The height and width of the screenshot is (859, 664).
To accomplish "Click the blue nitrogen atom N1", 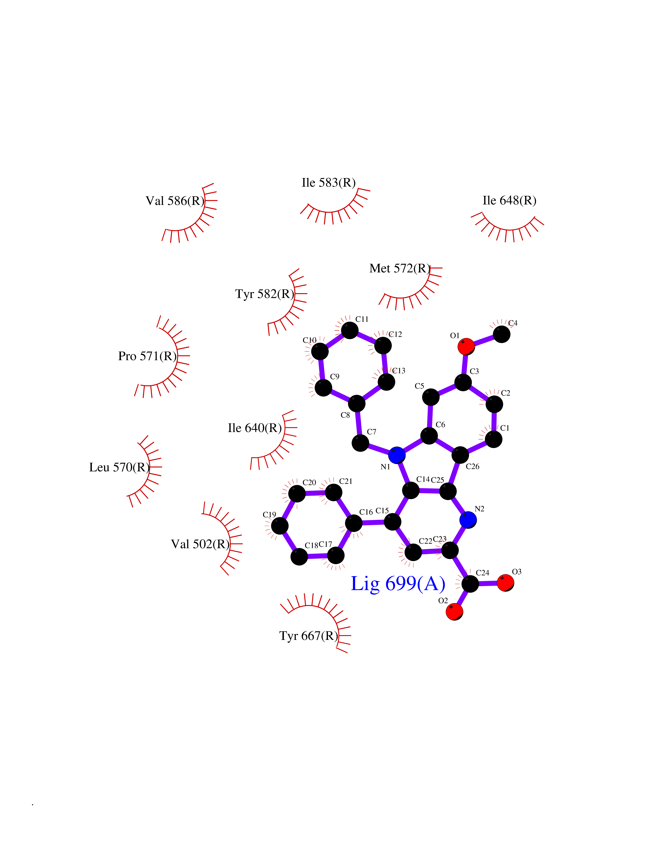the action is [x=397, y=455].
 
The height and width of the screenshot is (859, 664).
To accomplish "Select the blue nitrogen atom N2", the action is [x=468, y=520].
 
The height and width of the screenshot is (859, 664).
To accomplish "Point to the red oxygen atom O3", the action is [x=505, y=583].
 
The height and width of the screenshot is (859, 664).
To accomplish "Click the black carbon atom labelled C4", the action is [x=502, y=334].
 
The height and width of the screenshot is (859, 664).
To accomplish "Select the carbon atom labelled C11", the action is [x=350, y=330].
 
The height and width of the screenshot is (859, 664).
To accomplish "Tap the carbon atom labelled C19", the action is [x=280, y=526].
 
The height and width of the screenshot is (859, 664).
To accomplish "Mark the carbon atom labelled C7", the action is [x=360, y=443].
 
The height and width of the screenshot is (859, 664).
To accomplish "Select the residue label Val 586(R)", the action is [x=175, y=201].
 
